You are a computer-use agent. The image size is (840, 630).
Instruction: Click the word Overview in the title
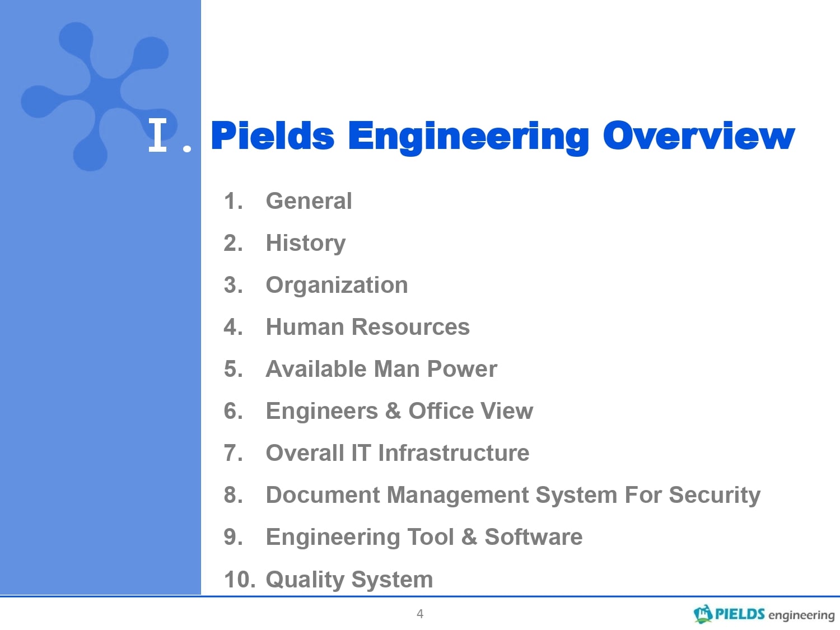[x=699, y=136]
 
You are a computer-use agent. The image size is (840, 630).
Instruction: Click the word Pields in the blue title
[x=273, y=136]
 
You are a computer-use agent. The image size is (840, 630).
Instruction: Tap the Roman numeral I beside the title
[x=158, y=134]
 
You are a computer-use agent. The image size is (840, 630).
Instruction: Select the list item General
[x=309, y=201]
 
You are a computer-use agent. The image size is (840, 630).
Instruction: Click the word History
[x=306, y=244]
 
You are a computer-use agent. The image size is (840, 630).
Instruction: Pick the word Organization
[x=337, y=286]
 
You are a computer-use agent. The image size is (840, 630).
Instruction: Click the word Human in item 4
[x=305, y=327]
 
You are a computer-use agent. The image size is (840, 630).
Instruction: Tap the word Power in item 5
[x=462, y=369]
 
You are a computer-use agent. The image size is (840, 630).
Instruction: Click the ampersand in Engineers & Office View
[x=393, y=411]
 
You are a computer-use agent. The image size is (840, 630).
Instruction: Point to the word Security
[x=715, y=496]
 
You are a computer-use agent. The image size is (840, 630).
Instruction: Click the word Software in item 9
[x=534, y=537]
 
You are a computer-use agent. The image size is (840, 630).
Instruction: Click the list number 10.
[x=240, y=580]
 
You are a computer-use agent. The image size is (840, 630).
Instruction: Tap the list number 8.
[x=234, y=495]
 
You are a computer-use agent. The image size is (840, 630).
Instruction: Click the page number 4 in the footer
[x=420, y=614]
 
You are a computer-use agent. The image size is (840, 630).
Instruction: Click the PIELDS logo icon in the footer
[x=703, y=614]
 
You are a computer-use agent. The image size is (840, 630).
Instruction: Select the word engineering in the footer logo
[x=801, y=615]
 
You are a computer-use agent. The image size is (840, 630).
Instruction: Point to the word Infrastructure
[x=454, y=453]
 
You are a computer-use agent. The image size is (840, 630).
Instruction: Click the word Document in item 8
[x=323, y=495]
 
